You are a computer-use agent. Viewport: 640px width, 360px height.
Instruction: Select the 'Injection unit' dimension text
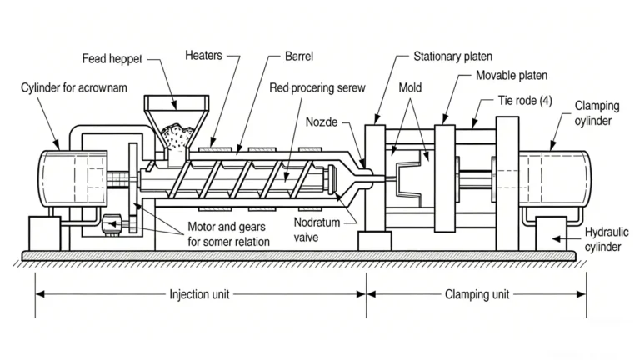tap(200, 294)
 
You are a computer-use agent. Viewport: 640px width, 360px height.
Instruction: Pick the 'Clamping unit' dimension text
tap(477, 294)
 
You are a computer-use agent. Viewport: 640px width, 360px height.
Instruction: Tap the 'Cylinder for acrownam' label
tap(74, 87)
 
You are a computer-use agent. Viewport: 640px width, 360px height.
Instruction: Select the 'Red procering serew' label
tap(317, 87)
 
